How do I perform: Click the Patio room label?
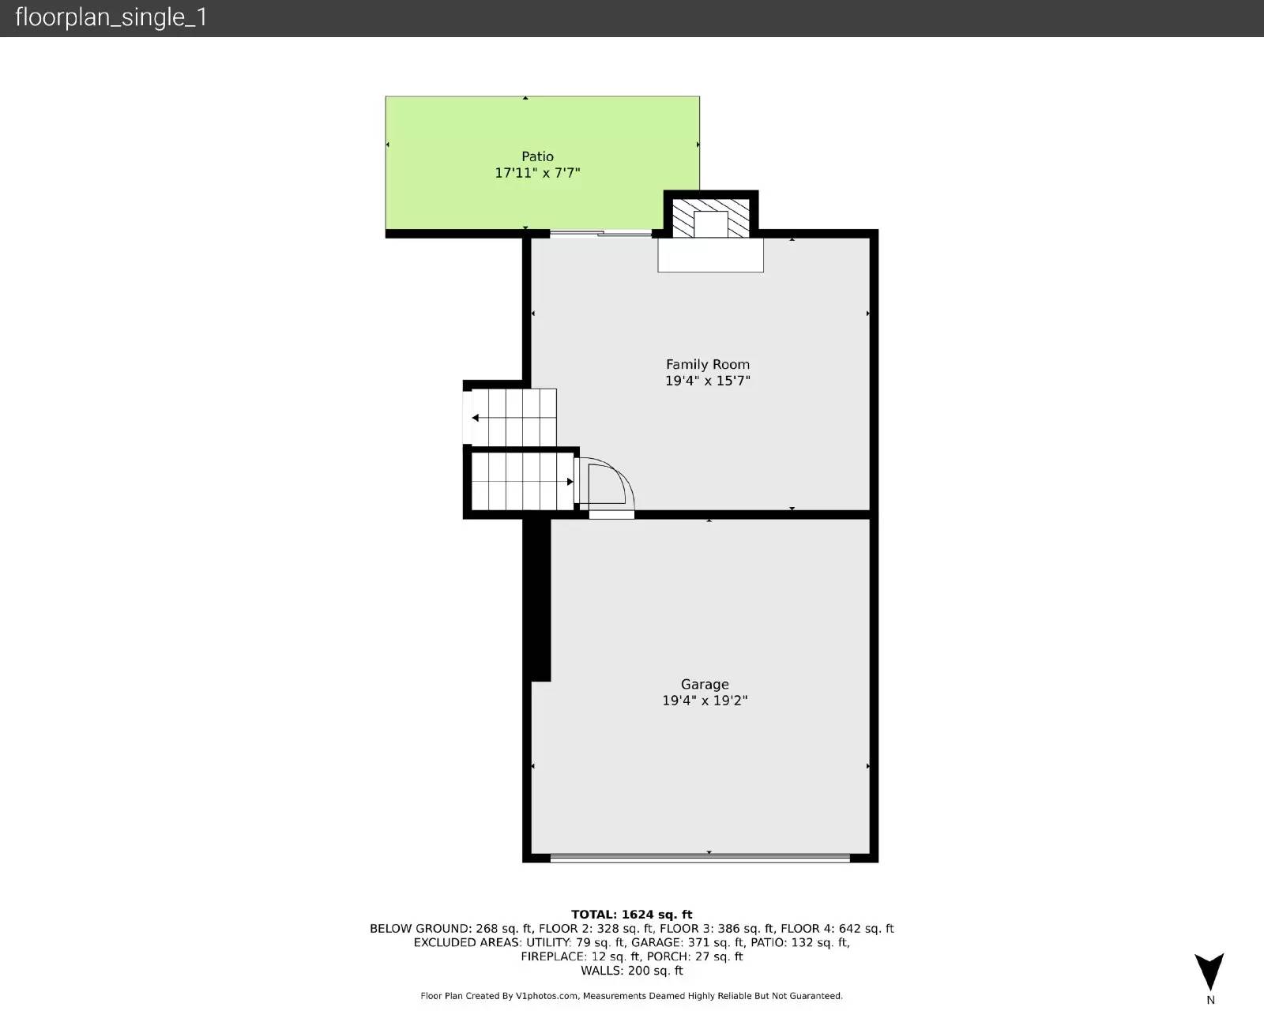[x=537, y=156]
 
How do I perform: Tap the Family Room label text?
[x=707, y=364]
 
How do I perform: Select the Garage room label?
[x=705, y=684]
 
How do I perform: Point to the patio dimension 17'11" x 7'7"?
[x=537, y=173]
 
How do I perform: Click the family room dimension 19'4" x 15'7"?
[x=707, y=381]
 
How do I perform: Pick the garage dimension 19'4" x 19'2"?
[x=705, y=701]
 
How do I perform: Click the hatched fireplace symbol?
[x=710, y=217]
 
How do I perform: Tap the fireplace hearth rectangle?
[x=710, y=255]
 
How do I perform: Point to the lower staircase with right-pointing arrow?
[x=522, y=481]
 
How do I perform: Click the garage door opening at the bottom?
[x=700, y=857]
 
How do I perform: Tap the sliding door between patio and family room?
[x=600, y=233]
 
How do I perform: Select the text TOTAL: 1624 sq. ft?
[x=631, y=915]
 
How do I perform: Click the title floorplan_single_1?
[x=111, y=17]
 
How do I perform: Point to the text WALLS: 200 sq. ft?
[x=631, y=971]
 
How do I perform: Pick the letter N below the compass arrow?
[x=1210, y=1001]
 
